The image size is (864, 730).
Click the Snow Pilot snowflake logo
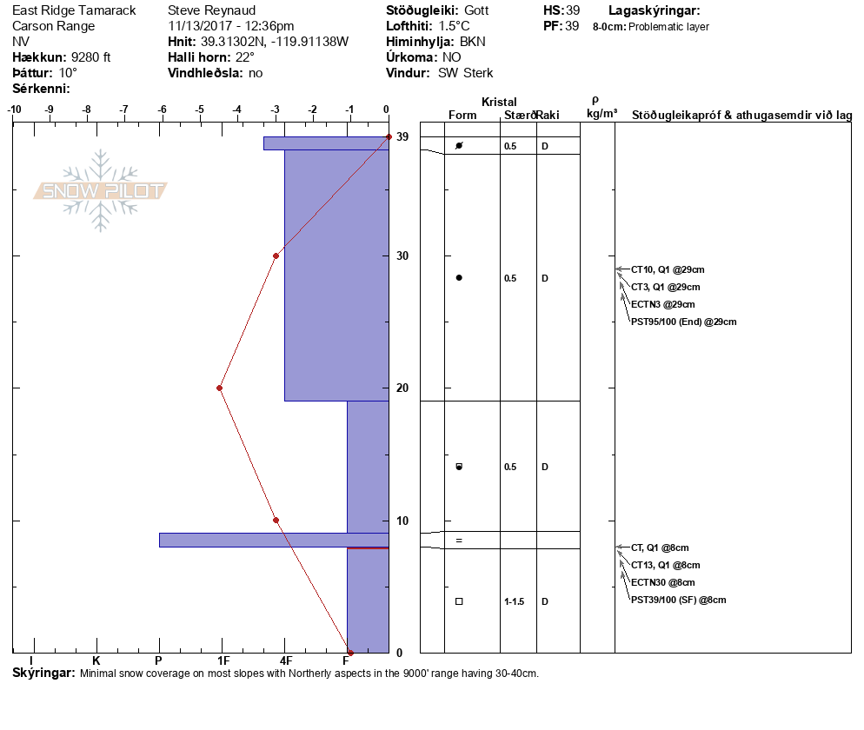(x=100, y=190)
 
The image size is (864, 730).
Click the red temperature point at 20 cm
(x=219, y=388)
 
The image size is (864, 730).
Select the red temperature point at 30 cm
(x=276, y=255)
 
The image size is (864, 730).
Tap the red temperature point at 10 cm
(x=276, y=520)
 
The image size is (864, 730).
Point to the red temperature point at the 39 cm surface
(x=389, y=136)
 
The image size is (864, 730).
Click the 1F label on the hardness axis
(x=223, y=660)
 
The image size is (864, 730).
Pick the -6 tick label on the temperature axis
(x=162, y=109)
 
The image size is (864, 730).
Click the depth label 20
(x=402, y=388)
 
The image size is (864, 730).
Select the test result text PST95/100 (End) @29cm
(x=684, y=322)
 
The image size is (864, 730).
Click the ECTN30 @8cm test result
(x=663, y=582)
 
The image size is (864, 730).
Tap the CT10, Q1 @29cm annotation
(x=668, y=269)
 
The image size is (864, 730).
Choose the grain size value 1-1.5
(x=514, y=601)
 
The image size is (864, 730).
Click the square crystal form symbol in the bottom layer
(x=459, y=601)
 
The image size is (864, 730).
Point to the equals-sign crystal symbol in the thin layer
(x=459, y=541)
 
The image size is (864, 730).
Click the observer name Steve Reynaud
(x=211, y=10)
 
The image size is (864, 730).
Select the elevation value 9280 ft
(x=91, y=57)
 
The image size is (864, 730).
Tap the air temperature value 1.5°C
(x=454, y=26)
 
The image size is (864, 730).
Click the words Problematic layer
(x=668, y=26)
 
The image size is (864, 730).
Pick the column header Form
(x=462, y=115)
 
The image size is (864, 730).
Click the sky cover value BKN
(x=473, y=42)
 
